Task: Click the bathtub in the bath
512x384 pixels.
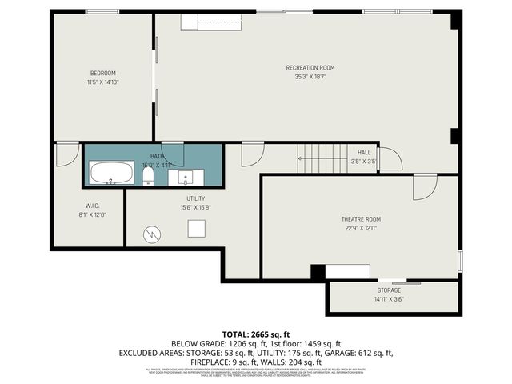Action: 112,173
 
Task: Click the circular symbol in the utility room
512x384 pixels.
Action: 152,234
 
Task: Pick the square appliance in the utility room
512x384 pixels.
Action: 197,229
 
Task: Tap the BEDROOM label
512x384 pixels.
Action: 102,73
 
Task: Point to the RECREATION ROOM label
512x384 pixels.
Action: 310,67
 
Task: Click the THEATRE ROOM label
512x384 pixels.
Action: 361,218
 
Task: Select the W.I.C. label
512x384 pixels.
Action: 92,205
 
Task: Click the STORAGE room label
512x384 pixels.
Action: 389,290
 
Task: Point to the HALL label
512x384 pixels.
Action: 364,152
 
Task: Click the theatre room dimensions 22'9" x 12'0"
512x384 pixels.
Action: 361,227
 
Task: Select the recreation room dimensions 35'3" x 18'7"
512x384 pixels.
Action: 310,76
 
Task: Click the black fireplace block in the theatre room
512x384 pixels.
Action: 318,272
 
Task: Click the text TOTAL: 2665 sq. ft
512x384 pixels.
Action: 255,334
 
